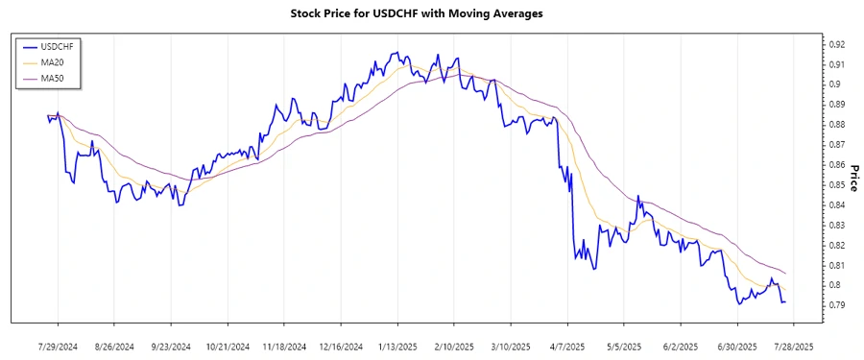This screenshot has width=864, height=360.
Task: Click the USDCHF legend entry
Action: pos(54,46)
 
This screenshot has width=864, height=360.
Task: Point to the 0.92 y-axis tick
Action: pos(837,44)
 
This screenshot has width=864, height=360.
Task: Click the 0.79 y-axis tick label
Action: pos(837,305)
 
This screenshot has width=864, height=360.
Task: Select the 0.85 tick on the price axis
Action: pos(837,184)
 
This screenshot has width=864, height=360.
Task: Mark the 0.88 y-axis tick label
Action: pos(837,125)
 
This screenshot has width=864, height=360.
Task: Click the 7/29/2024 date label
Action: pos(58,347)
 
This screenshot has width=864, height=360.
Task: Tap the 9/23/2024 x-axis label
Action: pos(171,347)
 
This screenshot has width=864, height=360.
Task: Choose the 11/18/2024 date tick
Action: pos(285,347)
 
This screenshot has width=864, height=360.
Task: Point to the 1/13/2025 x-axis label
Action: pos(397,347)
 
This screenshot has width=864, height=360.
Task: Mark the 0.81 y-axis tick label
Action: pos(837,265)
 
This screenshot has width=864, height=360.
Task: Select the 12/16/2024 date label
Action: pos(341,347)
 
